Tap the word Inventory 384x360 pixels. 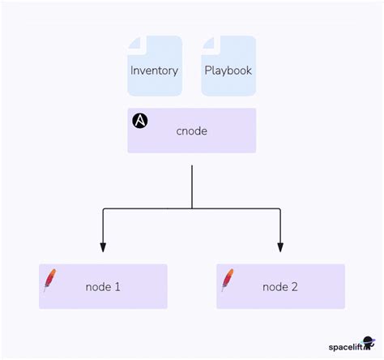point(154,71)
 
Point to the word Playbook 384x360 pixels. point(228,71)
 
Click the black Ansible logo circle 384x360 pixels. point(140,121)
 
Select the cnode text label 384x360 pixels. point(191,131)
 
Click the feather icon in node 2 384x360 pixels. point(228,280)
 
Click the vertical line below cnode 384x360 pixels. point(191,186)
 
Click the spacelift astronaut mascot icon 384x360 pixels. point(369,344)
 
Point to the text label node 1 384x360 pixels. point(103,287)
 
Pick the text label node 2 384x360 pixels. point(280,287)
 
